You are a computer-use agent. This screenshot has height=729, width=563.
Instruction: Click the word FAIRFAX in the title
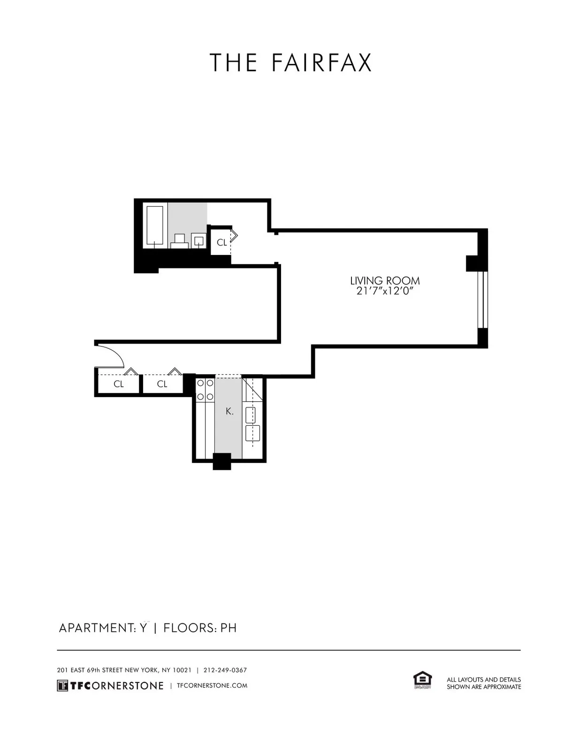321,63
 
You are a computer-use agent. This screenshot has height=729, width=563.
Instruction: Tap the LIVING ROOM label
385,281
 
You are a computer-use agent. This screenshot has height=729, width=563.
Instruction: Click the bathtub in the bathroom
155,225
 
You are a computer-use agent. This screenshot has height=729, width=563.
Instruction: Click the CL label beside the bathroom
221,242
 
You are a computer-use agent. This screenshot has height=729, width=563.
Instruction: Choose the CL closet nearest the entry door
119,384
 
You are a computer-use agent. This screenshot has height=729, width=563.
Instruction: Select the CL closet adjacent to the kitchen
162,384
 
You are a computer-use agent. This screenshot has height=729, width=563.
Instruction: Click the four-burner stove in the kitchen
205,390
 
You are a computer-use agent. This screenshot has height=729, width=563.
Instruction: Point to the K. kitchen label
229,411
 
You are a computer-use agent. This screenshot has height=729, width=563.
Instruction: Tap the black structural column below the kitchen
222,461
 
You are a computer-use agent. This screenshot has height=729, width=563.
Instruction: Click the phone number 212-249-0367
225,670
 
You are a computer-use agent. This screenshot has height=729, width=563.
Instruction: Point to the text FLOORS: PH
200,628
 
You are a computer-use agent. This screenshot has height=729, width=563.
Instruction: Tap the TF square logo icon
62,686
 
